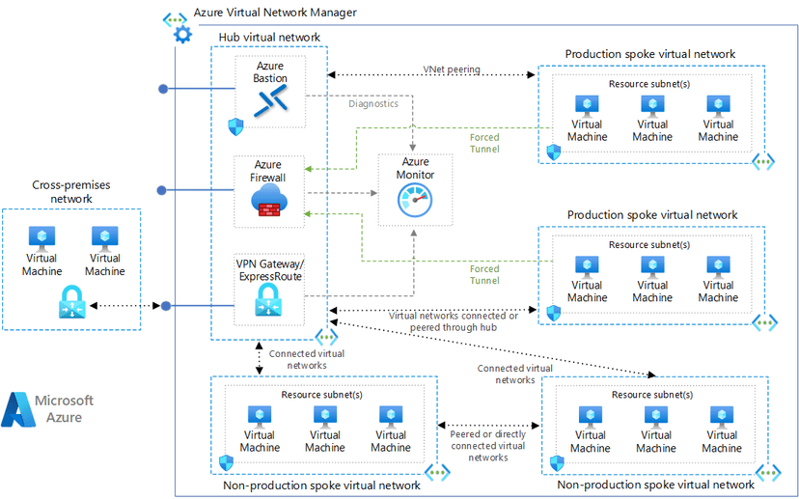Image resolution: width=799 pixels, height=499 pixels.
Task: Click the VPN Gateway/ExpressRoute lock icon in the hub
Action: [269, 304]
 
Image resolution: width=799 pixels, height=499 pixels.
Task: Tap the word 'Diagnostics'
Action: [372, 104]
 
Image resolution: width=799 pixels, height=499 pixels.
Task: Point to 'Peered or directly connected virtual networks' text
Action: [487, 446]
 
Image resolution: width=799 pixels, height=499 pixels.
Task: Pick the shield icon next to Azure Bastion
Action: [234, 126]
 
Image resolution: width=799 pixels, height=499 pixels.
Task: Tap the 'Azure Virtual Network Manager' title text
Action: [275, 13]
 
